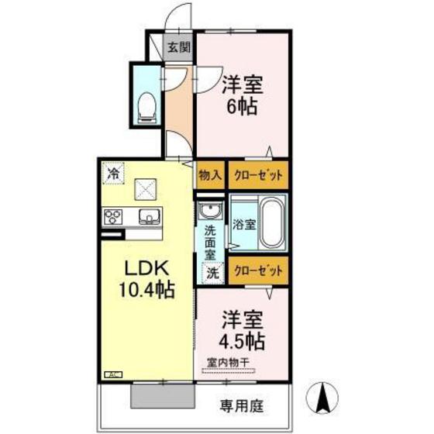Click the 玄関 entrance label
pyautogui.click(x=179, y=47)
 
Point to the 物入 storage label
pyautogui.click(x=209, y=174)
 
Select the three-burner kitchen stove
pyautogui.click(x=112, y=216)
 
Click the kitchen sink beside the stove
pyautogui.click(x=148, y=216)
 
